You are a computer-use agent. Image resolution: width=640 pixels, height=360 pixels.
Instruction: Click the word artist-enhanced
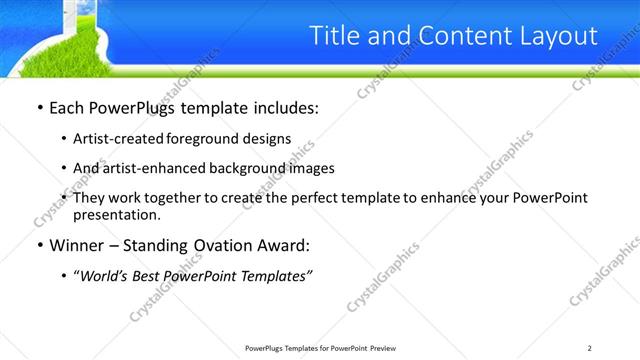coord(155,168)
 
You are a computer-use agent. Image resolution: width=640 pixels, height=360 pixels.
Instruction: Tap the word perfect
coord(340,198)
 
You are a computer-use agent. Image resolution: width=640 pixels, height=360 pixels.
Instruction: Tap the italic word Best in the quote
coord(156,276)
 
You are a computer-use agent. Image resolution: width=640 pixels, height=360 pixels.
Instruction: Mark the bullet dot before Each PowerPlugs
coord(38,108)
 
